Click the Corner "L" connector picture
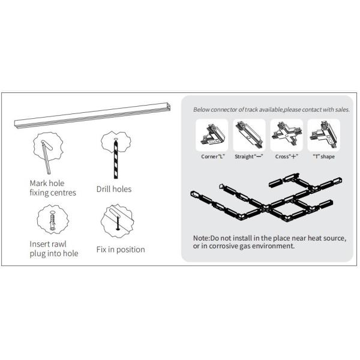coord(212,135)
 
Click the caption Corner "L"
coord(213,157)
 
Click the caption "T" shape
coord(324,157)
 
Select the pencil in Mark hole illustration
coord(46,158)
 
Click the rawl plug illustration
coord(53,221)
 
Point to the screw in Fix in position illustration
coord(118,223)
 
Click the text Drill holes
coord(114,189)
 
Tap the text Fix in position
coord(121,250)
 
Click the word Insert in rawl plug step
coord(41,244)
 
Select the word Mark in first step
coord(38,183)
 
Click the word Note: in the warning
coord(202,238)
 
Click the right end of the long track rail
coord(169,107)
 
